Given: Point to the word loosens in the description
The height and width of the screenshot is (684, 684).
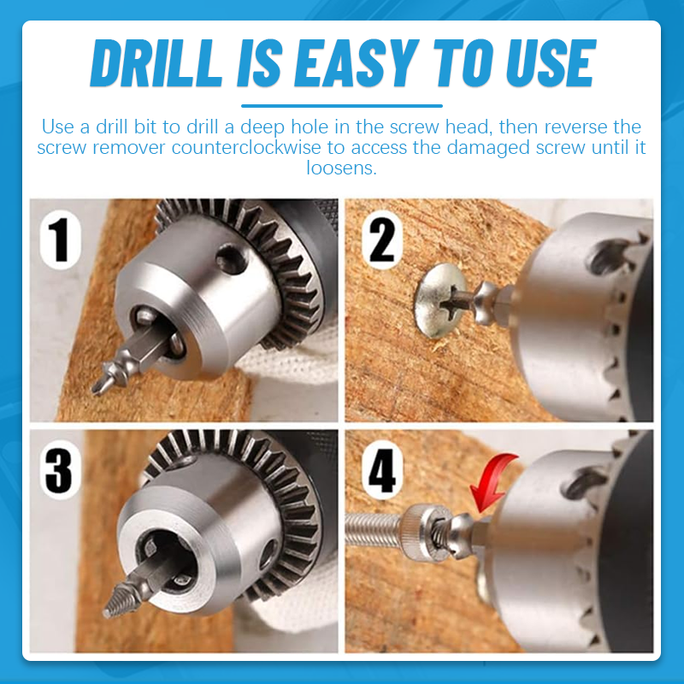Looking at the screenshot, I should [341, 168].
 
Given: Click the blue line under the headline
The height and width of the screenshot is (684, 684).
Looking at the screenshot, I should [342, 105].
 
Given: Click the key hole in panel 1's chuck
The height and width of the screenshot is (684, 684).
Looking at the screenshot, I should [229, 257].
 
